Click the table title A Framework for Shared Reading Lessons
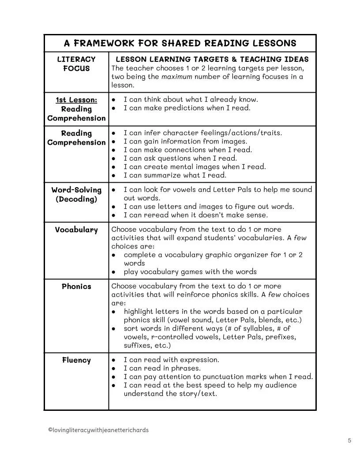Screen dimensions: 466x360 coord(180,43)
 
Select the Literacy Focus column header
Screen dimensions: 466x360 coord(76,64)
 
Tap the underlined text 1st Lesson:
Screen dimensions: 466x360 coord(76,100)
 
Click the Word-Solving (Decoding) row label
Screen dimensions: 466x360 coord(76,195)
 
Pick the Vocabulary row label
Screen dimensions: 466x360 coord(76,230)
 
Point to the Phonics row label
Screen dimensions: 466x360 coord(76,286)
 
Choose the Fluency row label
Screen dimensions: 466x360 coord(76,360)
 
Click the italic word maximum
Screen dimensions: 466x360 coord(176,77)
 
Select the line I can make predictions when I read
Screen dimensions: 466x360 coord(187,108)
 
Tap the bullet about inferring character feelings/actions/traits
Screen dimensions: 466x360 coord(202,133)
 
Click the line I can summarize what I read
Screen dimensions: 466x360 coord(175,175)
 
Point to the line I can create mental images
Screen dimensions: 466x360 coord(195,167)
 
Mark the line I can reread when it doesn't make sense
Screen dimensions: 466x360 coord(195,215)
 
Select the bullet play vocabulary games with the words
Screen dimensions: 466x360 coord(190,272)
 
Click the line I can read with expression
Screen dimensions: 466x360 coord(171,360)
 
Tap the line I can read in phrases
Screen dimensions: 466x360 coord(162,368)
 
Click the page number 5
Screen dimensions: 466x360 coord(349,440)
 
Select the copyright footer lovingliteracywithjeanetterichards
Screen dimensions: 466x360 coord(98,430)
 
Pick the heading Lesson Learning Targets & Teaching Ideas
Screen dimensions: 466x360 coord(212,60)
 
